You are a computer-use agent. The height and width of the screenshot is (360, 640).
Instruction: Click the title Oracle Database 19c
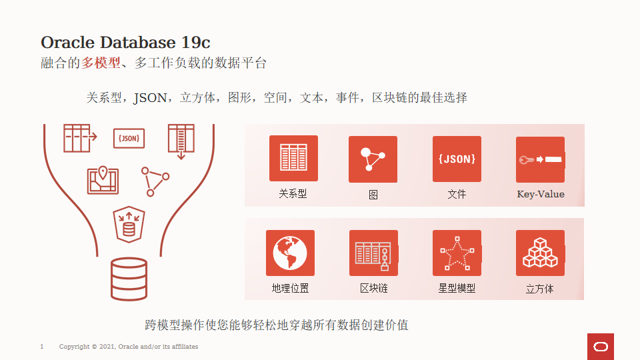pos(125,42)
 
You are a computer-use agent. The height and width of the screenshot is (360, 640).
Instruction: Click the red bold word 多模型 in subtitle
pos(101,63)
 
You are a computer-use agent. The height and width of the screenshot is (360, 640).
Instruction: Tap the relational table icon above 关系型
pos(293,158)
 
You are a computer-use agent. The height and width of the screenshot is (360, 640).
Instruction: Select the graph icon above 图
pos(373,159)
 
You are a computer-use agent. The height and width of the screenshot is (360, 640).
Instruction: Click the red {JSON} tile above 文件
pos(457,159)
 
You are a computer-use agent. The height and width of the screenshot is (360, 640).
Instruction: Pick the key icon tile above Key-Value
pos(540,159)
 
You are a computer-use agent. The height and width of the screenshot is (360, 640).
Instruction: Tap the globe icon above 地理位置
pos(290,253)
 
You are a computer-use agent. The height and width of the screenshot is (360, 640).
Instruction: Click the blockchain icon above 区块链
pos(373,253)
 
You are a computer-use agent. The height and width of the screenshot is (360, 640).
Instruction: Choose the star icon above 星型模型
pos(457,253)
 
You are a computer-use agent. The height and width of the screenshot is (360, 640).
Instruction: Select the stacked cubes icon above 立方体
pos(540,253)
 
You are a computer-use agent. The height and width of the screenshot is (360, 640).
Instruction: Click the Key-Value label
pos(541,195)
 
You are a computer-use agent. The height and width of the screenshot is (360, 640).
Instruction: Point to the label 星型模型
pos(457,289)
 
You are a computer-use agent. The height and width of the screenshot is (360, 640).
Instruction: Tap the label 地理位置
pos(290,289)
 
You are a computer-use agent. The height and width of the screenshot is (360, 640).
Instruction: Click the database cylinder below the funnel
pos(129,279)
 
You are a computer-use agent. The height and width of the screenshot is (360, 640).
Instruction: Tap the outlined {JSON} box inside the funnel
pos(129,138)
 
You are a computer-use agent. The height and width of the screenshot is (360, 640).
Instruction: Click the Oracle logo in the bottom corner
pos(601,347)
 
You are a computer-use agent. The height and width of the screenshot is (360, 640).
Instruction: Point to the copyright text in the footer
pos(129,347)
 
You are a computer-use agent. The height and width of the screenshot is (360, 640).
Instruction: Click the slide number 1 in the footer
pos(42,347)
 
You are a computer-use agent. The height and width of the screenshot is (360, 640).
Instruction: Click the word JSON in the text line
pos(150,98)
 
